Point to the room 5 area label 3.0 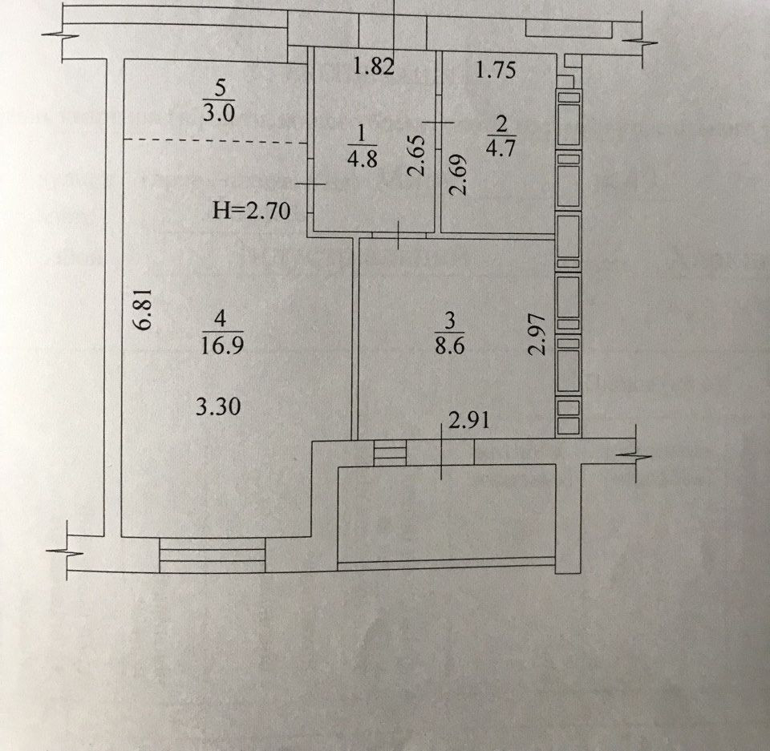(218, 112)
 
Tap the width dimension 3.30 (218, 407)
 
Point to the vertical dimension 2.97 (538, 334)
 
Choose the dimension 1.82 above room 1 (374, 68)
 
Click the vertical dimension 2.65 (415, 156)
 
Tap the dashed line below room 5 (215, 142)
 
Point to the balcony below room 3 (446, 513)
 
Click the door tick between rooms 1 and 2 (438, 122)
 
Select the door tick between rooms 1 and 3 (399, 235)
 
